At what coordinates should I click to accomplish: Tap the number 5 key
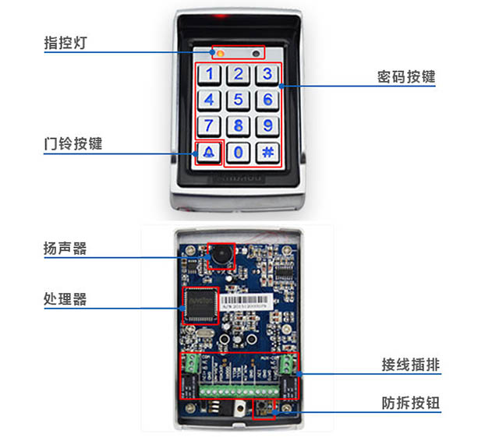[239, 100]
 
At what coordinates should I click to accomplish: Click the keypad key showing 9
[267, 125]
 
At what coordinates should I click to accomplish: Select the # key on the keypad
[267, 152]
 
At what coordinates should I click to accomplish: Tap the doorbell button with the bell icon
[209, 152]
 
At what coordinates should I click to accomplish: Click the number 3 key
[267, 75]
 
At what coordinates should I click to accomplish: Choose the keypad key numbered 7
[209, 125]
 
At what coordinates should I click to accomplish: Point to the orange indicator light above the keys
[220, 53]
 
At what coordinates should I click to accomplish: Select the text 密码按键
[405, 76]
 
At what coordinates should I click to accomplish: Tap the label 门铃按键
[73, 144]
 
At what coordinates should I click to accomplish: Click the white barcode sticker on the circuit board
[246, 302]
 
